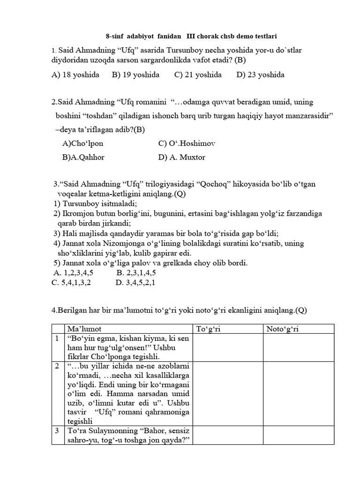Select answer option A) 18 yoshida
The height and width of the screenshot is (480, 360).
click(x=74, y=75)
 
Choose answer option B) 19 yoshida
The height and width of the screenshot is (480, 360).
click(x=135, y=75)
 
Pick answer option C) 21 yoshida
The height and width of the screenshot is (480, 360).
click(x=198, y=75)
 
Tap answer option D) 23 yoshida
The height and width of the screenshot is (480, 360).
click(x=261, y=75)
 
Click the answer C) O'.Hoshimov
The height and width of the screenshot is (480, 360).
click(x=187, y=143)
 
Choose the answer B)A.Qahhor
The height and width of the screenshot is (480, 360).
click(x=83, y=157)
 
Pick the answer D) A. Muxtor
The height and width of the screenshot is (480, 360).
click(x=182, y=157)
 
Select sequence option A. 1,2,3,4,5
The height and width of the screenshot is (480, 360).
click(x=74, y=272)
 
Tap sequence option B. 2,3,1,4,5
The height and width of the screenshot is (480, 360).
click(x=136, y=272)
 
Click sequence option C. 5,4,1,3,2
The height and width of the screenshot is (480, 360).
click(x=71, y=282)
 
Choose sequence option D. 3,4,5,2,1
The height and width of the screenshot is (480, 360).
click(x=135, y=282)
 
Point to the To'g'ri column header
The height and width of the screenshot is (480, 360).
click(x=208, y=329)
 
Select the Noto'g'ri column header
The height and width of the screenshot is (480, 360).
click(x=282, y=329)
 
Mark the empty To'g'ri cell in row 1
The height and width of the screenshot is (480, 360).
click(x=227, y=347)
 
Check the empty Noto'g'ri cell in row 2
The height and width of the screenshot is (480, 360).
click(x=298, y=393)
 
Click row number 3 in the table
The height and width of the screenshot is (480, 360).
click(x=57, y=430)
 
